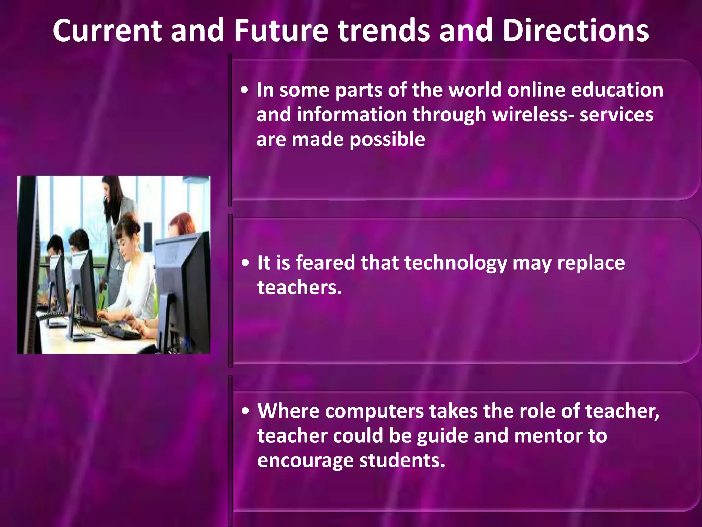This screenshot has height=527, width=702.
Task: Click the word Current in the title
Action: [x=107, y=31]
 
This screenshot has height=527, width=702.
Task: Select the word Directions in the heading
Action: [x=576, y=31]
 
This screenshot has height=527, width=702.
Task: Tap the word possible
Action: [x=387, y=140]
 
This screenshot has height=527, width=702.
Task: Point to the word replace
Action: [x=591, y=263]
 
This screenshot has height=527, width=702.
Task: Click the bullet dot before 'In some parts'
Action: [x=244, y=91]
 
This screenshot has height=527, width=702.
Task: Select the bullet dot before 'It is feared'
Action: [x=245, y=263]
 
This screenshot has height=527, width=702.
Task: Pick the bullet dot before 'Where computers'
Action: [x=245, y=411]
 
